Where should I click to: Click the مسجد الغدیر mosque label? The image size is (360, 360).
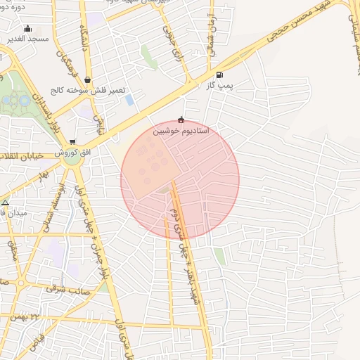click(28, 39)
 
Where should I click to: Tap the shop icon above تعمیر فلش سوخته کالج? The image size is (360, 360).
click(86, 80)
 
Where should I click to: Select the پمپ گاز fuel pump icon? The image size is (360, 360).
click(220, 75)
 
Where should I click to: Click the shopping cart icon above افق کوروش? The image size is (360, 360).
click(72, 142)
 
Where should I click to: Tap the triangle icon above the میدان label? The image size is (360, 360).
click(6, 202)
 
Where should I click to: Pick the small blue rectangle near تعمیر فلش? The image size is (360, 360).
click(129, 100)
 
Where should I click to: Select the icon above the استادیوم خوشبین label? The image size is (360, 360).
click(181, 120)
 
